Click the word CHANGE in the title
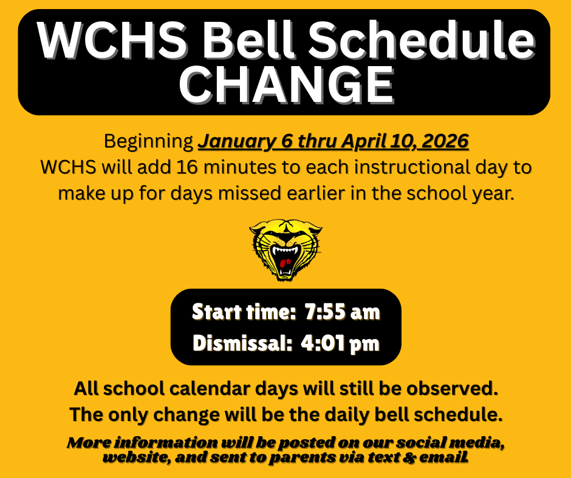[286, 85]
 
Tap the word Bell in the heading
[248, 39]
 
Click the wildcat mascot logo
[285, 249]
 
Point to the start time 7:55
[325, 312]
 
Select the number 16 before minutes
[187, 167]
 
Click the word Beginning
[149, 141]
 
